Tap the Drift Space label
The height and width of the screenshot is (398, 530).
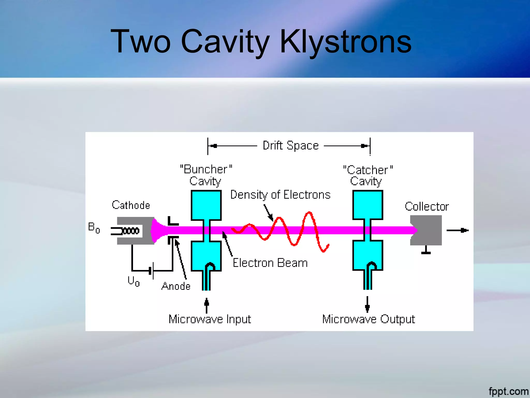290,145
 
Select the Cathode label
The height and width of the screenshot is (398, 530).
131,205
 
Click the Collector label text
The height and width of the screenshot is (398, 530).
426,207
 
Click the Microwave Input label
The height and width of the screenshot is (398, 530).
210,319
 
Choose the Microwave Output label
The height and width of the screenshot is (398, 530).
368,319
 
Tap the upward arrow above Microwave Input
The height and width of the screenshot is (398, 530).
207,305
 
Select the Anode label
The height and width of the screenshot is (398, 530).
176,286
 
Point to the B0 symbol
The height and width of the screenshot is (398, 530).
94,228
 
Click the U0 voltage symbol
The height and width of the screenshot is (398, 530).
134,281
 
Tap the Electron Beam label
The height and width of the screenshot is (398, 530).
270,263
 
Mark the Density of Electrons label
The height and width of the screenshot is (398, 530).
280,195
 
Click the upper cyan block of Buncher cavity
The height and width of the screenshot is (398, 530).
206,205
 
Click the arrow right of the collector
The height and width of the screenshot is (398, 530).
457,230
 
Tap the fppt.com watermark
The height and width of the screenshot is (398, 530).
508,391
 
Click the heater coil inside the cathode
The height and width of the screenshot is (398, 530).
131,231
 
